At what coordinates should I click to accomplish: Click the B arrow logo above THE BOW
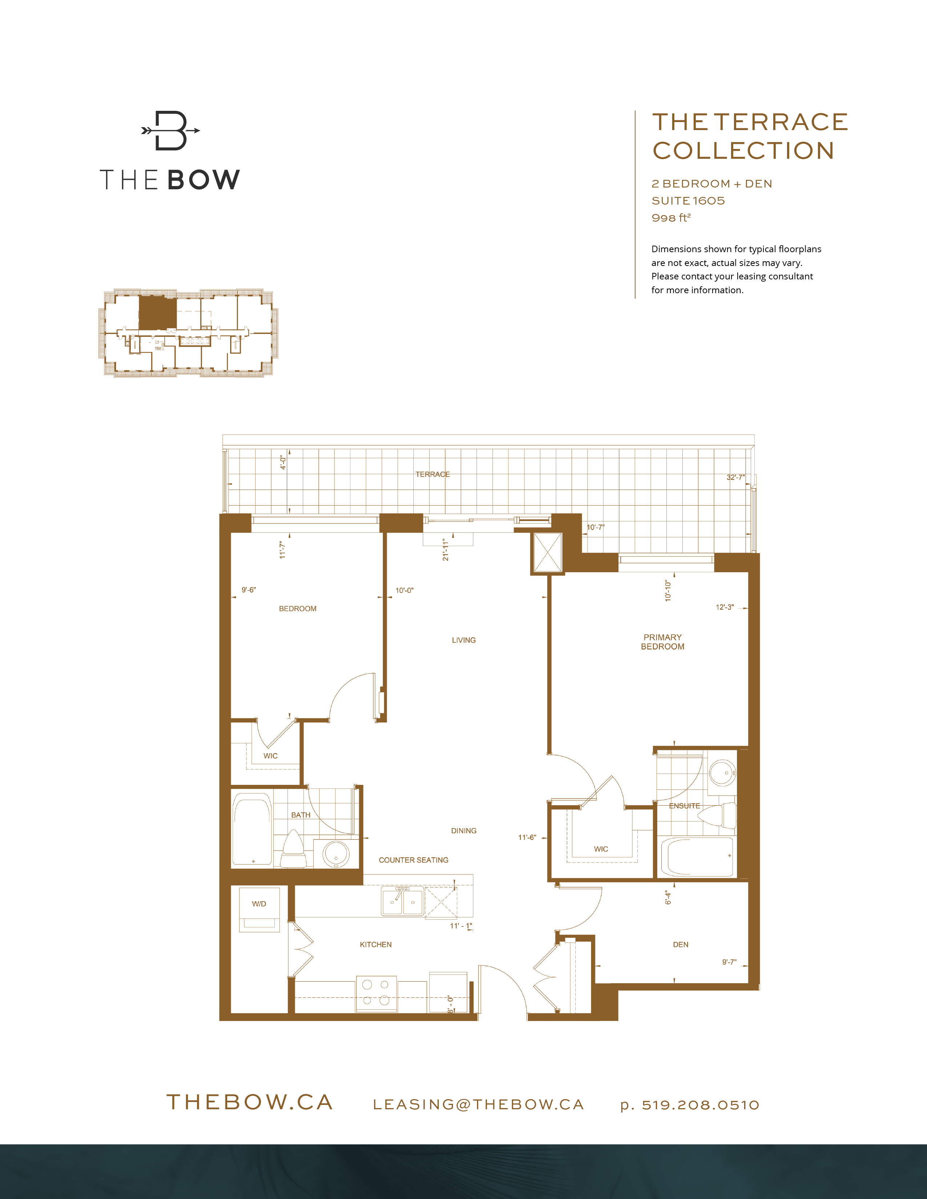click(170, 131)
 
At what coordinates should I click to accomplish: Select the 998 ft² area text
click(671, 218)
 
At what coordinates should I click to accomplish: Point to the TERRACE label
click(432, 474)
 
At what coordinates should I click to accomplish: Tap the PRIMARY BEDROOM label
click(662, 642)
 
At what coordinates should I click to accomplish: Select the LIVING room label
click(463, 640)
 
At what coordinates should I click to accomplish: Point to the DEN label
click(681, 944)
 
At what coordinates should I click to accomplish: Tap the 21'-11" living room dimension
click(445, 549)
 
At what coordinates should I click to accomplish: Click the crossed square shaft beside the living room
click(547, 552)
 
